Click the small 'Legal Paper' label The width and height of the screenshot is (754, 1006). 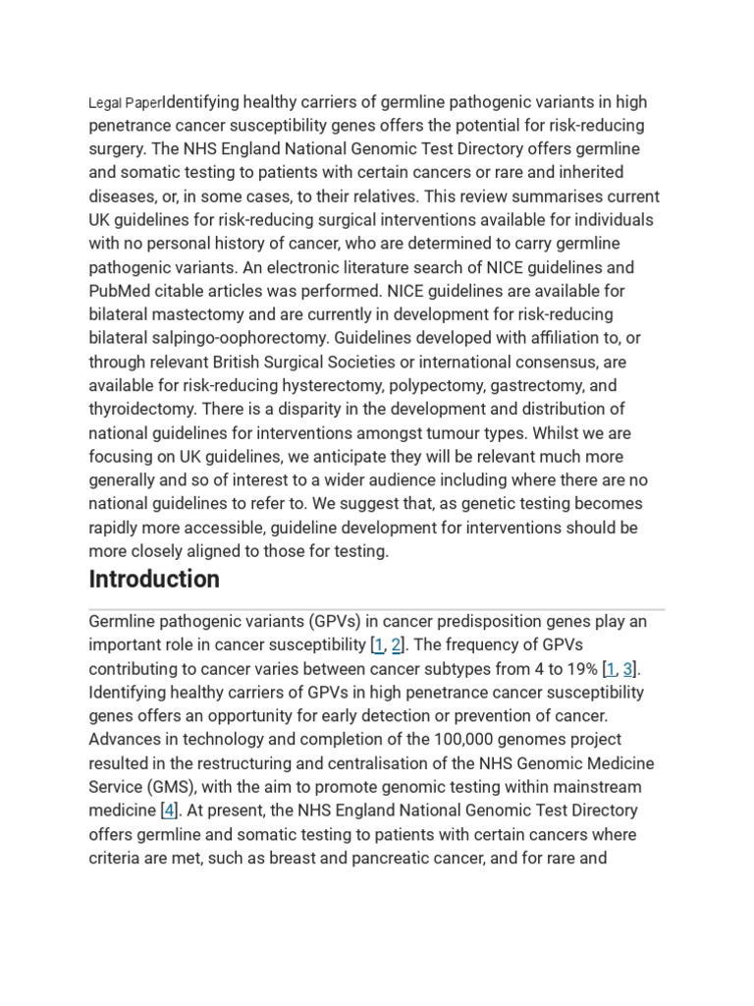[125, 103]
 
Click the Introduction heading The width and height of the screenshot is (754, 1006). [154, 579]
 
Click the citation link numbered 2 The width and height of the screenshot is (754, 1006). [396, 645]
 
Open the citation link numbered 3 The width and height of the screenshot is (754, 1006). [628, 669]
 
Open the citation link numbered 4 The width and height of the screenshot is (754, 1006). [169, 811]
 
